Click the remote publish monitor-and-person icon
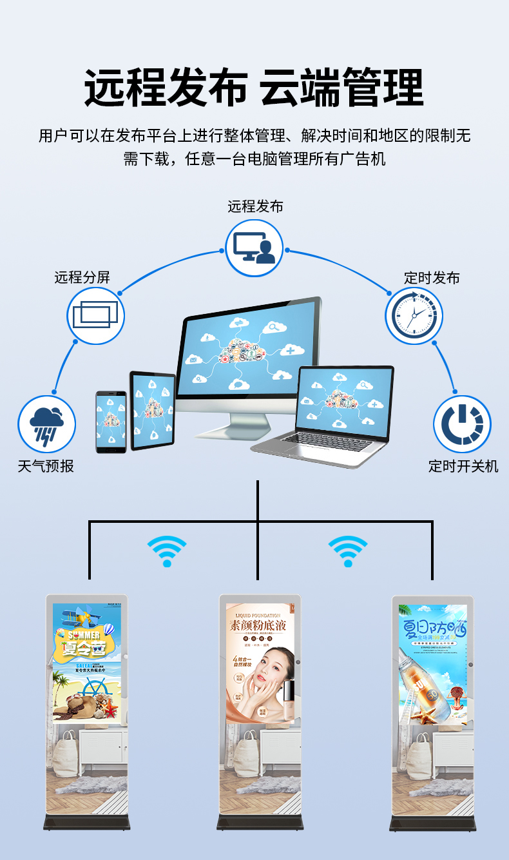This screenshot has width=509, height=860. tap(254, 248)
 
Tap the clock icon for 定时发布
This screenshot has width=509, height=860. tap(414, 316)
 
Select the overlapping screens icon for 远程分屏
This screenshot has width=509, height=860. tap(95, 316)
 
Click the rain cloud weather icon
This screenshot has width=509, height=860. tap(46, 424)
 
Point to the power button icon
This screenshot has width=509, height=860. tap(462, 424)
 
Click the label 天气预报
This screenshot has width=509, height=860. tap(46, 466)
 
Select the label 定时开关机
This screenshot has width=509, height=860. tap(463, 466)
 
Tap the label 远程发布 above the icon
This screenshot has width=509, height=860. tap(255, 206)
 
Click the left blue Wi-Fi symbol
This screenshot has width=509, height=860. tap(167, 552)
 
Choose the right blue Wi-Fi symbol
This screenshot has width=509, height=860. tap(348, 552)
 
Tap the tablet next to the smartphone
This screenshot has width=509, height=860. tap(153, 411)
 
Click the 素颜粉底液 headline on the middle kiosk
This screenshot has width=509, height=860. tap(256, 625)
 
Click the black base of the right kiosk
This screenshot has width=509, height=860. tap(433, 823)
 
